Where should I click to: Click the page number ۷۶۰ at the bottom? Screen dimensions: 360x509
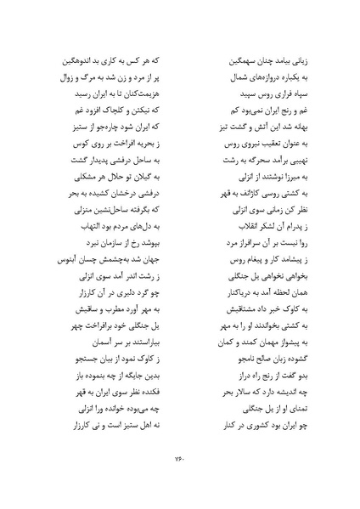click(x=180, y=461)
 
